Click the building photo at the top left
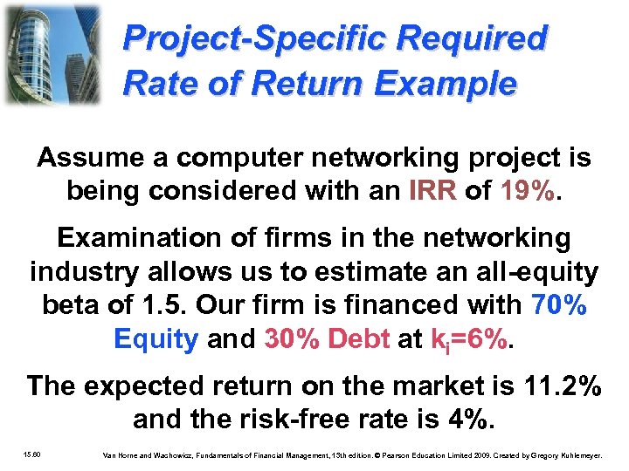tap(52, 54)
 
